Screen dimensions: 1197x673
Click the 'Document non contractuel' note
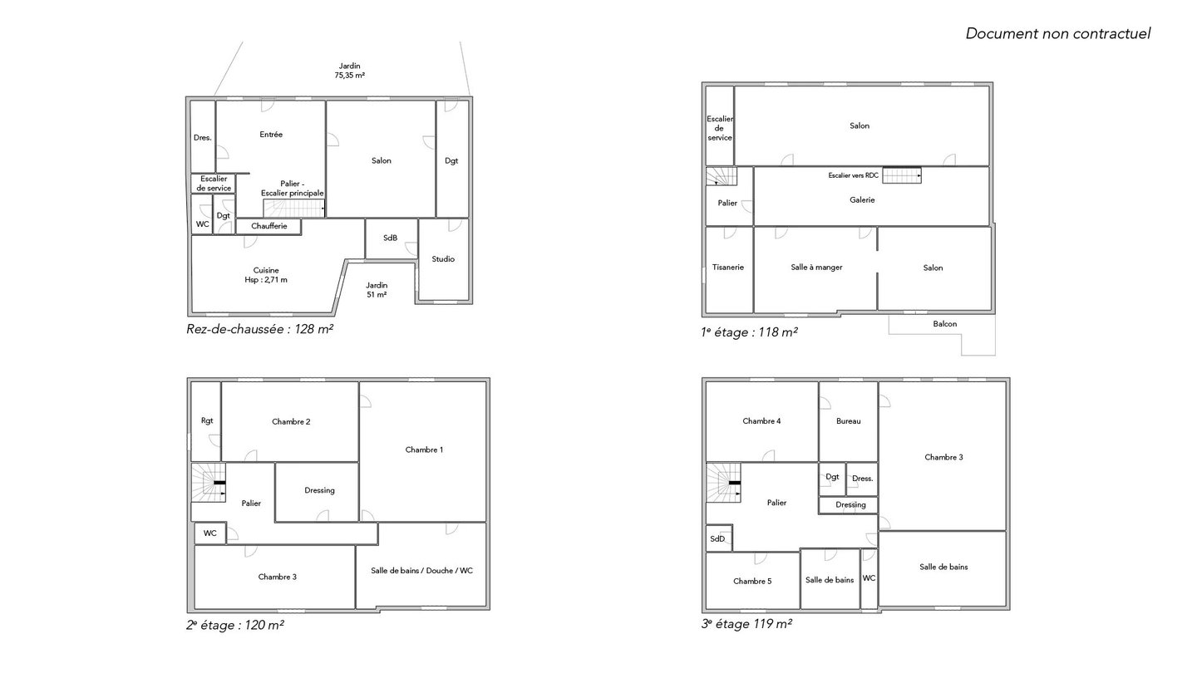click(x=1057, y=33)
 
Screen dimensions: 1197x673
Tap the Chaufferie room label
click(x=268, y=226)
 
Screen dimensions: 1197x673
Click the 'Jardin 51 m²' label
click(x=377, y=290)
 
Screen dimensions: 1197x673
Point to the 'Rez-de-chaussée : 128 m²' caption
click(x=259, y=329)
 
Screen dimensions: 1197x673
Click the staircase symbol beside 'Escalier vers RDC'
click(x=901, y=175)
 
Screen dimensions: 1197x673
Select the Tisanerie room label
click(x=728, y=267)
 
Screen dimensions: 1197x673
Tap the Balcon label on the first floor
click(x=945, y=324)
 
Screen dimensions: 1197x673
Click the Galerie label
click(x=862, y=199)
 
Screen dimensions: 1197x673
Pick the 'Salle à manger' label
click(x=816, y=267)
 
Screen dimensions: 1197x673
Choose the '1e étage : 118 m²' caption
click(x=749, y=332)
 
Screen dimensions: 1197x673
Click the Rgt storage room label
click(x=207, y=421)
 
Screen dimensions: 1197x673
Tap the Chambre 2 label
click(x=291, y=421)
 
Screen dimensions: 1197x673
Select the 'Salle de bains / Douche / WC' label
click(x=421, y=571)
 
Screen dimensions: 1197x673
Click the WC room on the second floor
click(x=210, y=533)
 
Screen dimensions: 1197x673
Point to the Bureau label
click(x=848, y=421)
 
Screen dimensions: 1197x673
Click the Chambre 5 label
click(x=751, y=581)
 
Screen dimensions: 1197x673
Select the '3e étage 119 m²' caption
click(x=746, y=623)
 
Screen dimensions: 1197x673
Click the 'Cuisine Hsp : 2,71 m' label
click(x=266, y=275)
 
